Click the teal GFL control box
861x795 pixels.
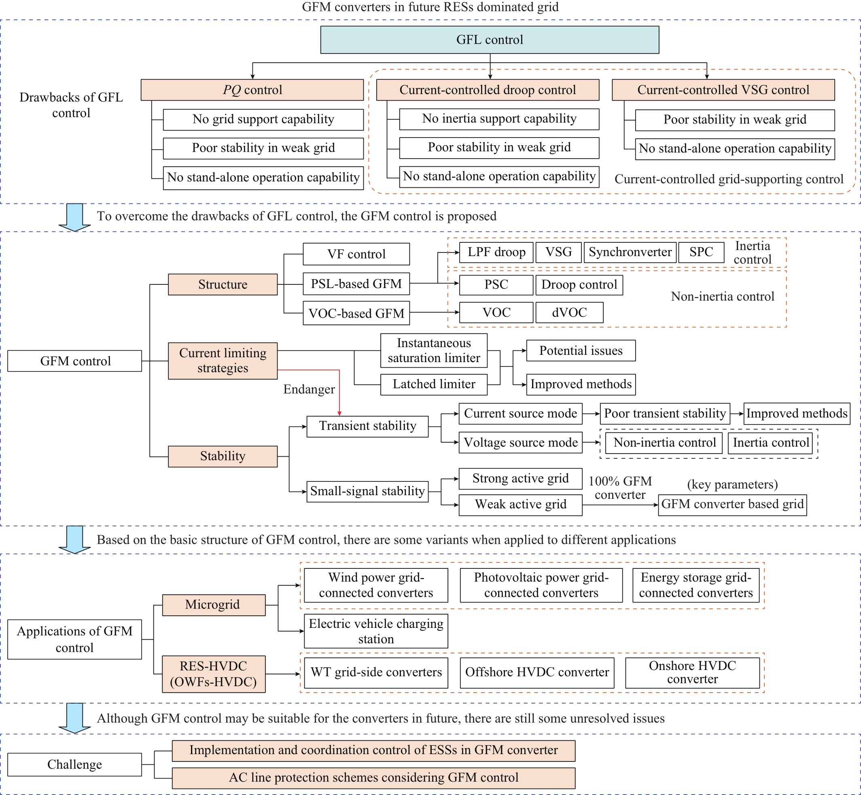(x=490, y=40)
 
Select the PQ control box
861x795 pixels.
(x=252, y=90)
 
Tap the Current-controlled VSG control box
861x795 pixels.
(x=723, y=90)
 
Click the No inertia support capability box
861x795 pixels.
(x=499, y=119)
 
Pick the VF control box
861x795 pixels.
(x=356, y=254)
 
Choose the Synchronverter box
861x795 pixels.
(x=630, y=252)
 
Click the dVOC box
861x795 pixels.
(x=569, y=312)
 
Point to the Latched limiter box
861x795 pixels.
(x=434, y=384)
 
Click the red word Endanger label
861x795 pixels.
(x=309, y=389)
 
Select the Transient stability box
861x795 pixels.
(x=367, y=426)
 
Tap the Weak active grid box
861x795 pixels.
(x=521, y=505)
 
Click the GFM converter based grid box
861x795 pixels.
(x=732, y=505)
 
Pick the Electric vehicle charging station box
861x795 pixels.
(x=376, y=631)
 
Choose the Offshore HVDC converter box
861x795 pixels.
(x=537, y=673)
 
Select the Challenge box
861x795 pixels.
(x=74, y=765)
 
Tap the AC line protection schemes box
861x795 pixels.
(x=373, y=778)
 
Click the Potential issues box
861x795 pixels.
(x=581, y=351)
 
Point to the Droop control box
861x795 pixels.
(x=579, y=285)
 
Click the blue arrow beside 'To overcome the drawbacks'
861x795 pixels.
(x=74, y=218)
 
